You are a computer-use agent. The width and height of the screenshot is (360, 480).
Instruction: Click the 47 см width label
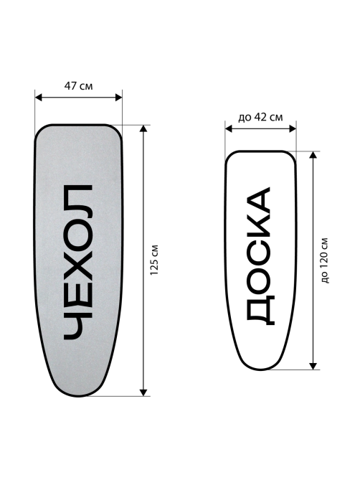tap(78, 86)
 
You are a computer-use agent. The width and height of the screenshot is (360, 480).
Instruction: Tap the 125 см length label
tap(154, 260)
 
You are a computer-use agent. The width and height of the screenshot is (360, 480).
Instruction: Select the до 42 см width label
tap(260, 117)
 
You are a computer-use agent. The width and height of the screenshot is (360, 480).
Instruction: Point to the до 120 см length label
tap(325, 260)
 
